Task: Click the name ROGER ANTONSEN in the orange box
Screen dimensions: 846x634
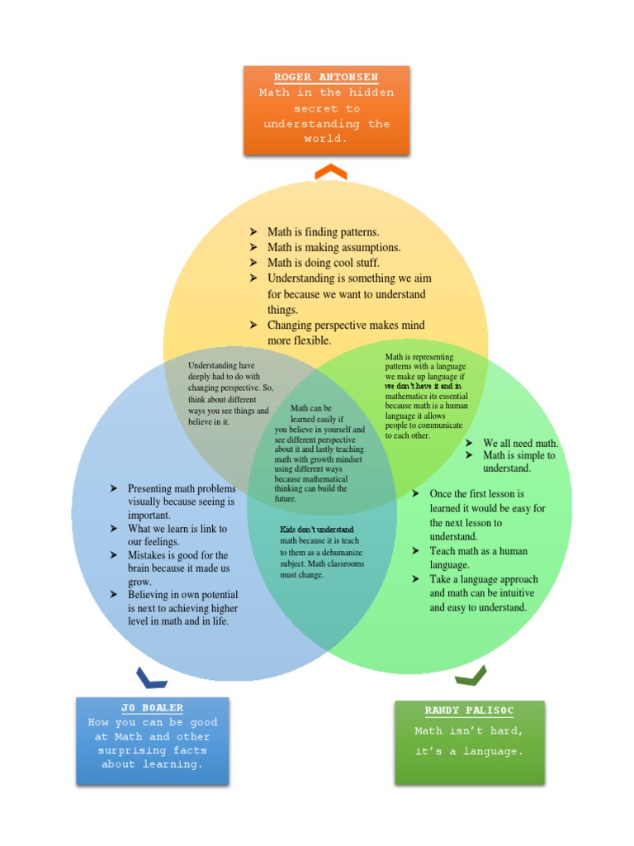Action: point(326,78)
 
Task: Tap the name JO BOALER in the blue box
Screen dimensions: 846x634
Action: point(152,708)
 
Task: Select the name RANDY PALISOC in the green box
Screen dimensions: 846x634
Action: point(469,711)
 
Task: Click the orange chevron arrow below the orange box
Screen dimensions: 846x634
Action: point(330,172)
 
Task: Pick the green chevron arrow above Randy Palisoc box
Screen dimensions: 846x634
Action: point(471,676)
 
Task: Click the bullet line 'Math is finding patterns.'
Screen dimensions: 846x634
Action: point(323,232)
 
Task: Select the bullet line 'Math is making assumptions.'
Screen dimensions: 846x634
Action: point(334,248)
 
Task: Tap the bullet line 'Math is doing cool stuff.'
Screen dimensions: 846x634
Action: point(323,263)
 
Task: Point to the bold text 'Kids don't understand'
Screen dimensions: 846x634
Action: point(317,530)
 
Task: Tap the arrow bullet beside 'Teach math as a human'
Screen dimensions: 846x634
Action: point(416,551)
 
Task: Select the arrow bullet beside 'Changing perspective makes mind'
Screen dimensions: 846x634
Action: point(254,326)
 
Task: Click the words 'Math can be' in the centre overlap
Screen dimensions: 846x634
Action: point(311,408)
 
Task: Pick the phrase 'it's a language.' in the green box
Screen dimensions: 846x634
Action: point(469,752)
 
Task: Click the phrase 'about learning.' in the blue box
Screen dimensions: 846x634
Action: point(152,764)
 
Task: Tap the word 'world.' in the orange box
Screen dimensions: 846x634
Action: point(326,139)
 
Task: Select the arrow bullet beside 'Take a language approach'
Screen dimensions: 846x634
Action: point(416,579)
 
